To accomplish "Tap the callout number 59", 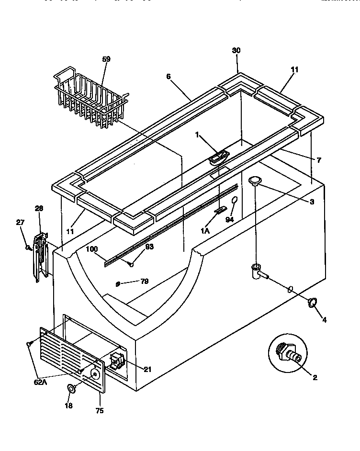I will coord(106,59).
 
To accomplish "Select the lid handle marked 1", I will coord(219,157).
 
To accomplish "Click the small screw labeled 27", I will coord(28,247).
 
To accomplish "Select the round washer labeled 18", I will coord(71,388).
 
